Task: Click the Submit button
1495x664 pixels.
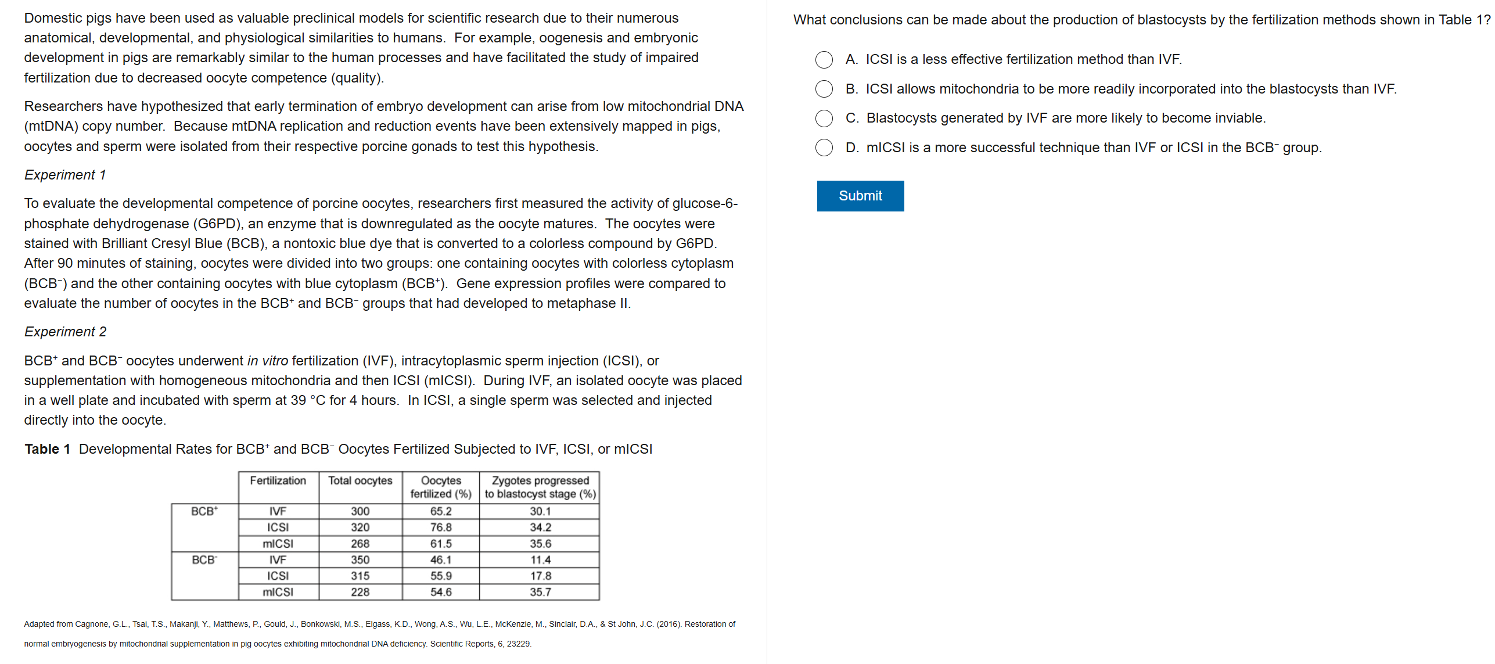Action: pos(860,196)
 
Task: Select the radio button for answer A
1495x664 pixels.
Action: pos(824,59)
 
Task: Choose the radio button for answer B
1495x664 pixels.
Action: pos(824,89)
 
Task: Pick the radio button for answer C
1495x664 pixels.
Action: pos(824,118)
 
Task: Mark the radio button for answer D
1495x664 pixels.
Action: pos(824,148)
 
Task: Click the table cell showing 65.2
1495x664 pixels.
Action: pos(441,511)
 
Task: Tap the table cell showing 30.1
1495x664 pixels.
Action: pos(540,511)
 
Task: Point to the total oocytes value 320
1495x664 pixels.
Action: pos(360,527)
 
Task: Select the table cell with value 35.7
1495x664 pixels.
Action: pos(540,592)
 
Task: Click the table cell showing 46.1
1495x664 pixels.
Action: pos(441,560)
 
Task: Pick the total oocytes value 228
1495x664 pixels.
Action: pos(360,592)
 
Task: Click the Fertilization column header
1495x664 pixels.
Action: pos(278,481)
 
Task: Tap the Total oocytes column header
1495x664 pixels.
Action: pos(360,481)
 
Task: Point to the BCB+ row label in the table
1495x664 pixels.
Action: pos(204,511)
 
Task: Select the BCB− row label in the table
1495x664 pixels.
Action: pos(204,560)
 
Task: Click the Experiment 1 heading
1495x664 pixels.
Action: pos(65,175)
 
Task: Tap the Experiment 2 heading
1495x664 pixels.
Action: pos(65,332)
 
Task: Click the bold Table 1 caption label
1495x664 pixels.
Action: pos(47,449)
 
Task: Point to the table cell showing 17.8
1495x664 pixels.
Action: pos(540,576)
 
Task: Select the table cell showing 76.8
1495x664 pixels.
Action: pos(441,527)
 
